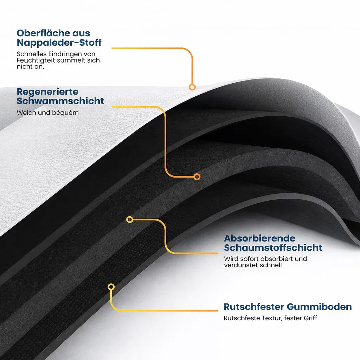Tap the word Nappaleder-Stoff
pyautogui.click(x=59, y=43)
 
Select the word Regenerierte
pyautogui.click(x=48, y=92)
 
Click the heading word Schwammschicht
pyautogui.click(x=60, y=101)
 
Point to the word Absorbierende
pyautogui.click(x=260, y=238)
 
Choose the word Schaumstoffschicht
pyautogui.click(x=273, y=247)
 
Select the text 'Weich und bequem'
pyautogui.click(x=47, y=113)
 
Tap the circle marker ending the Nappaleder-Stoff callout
pyautogui.click(x=192, y=87)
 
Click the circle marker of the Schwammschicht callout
pyautogui.click(x=197, y=176)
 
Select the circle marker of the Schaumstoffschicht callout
pyautogui.click(x=130, y=220)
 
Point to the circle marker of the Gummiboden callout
pyautogui.click(x=111, y=287)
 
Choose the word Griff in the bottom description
pyautogui.click(x=310, y=318)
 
